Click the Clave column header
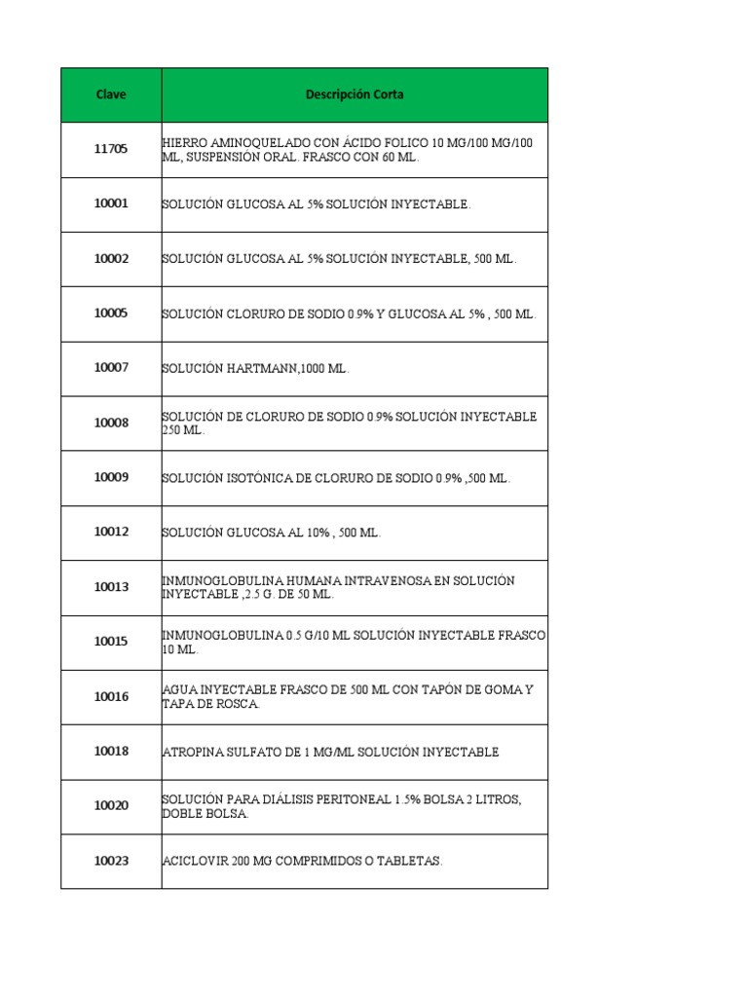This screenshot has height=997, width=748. (x=111, y=94)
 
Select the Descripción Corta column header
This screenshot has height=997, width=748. (x=355, y=94)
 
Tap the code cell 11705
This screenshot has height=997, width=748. (x=111, y=149)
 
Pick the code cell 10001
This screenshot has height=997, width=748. (x=111, y=203)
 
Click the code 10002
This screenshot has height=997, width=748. (x=111, y=259)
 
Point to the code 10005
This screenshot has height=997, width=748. (x=111, y=314)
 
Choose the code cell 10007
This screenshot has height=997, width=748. (x=111, y=368)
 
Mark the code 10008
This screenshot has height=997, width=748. (x=111, y=423)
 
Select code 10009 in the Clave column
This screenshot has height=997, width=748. (x=111, y=477)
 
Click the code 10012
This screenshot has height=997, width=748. (x=111, y=533)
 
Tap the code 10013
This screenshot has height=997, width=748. (x=111, y=587)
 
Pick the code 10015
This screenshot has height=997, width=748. (x=111, y=642)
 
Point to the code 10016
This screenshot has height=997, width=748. (x=111, y=696)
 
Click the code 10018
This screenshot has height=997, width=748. (x=111, y=752)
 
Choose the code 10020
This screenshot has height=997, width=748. (x=111, y=806)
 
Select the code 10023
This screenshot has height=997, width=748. (x=111, y=861)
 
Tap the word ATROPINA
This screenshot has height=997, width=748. (x=194, y=752)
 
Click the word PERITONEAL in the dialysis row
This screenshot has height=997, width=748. (x=352, y=799)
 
